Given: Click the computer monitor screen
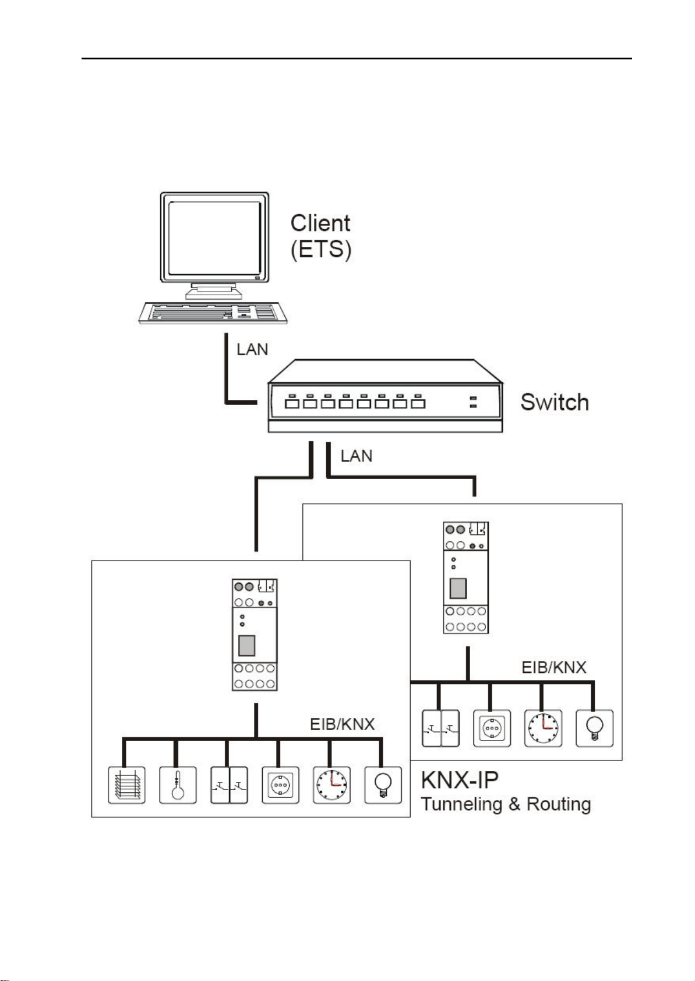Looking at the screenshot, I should click(213, 238).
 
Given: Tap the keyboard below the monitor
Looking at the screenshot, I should click(213, 312).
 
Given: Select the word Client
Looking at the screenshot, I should click(320, 223).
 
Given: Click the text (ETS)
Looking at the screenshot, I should click(321, 250).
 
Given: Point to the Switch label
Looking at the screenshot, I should click(554, 402).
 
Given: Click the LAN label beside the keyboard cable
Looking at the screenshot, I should click(252, 349).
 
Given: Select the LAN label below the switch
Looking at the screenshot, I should click(357, 455).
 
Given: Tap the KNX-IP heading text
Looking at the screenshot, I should click(460, 780).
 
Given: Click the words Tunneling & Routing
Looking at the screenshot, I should click(506, 804).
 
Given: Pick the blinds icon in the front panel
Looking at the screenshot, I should click(127, 785).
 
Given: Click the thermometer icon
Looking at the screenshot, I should click(178, 785).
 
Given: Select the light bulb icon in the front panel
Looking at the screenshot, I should click(383, 785).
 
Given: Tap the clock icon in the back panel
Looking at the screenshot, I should click(543, 728).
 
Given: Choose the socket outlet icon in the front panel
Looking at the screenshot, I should click(280, 785).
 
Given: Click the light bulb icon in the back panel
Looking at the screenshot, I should click(594, 728).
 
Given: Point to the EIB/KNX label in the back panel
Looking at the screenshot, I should click(553, 667).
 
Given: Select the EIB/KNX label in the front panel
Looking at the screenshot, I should click(342, 724).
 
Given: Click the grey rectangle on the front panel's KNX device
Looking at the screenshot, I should click(247, 646).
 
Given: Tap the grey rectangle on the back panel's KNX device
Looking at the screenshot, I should click(458, 589).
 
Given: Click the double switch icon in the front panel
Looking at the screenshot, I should click(229, 785).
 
